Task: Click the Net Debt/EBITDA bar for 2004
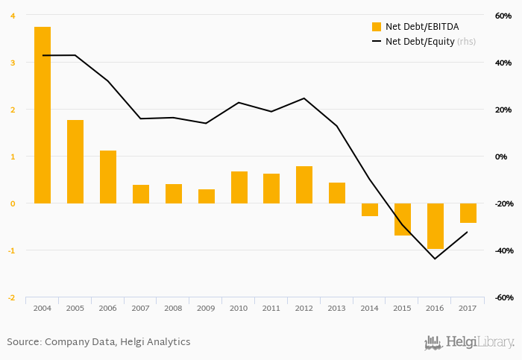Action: pyautogui.click(x=43, y=115)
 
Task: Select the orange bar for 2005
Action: pyautogui.click(x=75, y=162)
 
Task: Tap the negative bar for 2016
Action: pyautogui.click(x=435, y=226)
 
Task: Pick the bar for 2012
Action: pyautogui.click(x=304, y=185)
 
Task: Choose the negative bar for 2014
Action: pyautogui.click(x=370, y=209)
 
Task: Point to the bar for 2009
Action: pyautogui.click(x=207, y=196)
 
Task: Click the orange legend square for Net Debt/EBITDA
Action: pyautogui.click(x=377, y=27)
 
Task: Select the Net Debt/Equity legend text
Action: pyautogui.click(x=420, y=42)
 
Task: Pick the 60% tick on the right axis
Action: pyautogui.click(x=503, y=16)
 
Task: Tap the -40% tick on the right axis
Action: pyautogui.click(x=502, y=250)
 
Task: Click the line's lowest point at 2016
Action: pyautogui.click(x=435, y=259)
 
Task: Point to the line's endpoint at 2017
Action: pyautogui.click(x=468, y=232)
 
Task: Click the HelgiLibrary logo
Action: pyautogui.click(x=469, y=342)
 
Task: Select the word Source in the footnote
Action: pyautogui.click(x=22, y=342)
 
